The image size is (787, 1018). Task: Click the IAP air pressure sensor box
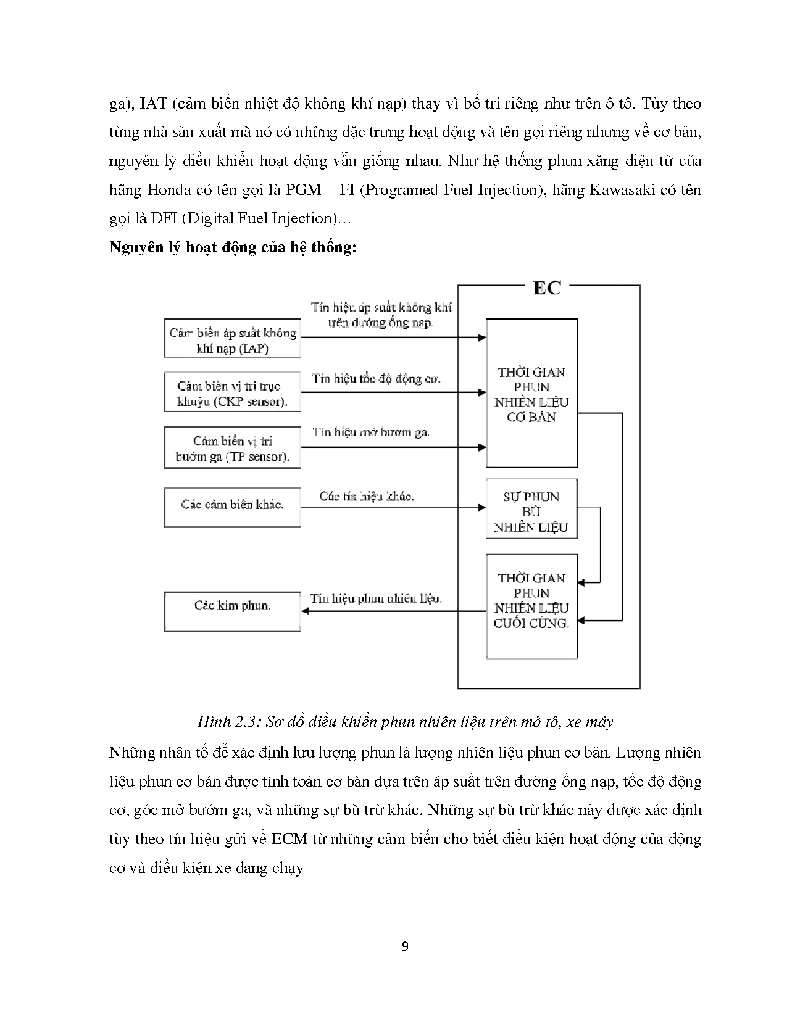pyautogui.click(x=232, y=338)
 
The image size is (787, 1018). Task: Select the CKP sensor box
pyautogui.click(x=232, y=392)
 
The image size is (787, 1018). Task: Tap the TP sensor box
pyautogui.click(x=232, y=448)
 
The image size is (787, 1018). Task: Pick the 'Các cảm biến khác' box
pyautogui.click(x=232, y=507)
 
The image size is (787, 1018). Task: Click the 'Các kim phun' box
pyautogui.click(x=232, y=611)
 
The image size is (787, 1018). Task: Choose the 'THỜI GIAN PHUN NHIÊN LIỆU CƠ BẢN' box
pyautogui.click(x=531, y=393)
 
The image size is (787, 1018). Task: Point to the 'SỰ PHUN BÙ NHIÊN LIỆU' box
pyautogui.click(x=531, y=508)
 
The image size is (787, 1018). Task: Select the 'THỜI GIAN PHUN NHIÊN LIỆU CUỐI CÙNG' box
pyautogui.click(x=531, y=606)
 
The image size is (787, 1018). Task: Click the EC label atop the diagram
pyautogui.click(x=547, y=288)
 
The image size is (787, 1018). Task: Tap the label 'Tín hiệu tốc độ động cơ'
pyautogui.click(x=376, y=378)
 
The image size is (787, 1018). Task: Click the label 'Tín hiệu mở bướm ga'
pyautogui.click(x=371, y=432)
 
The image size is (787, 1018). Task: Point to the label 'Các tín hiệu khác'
pyautogui.click(x=367, y=495)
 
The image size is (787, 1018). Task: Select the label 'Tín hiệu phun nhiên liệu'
pyautogui.click(x=376, y=598)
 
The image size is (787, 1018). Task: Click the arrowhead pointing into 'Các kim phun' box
pyautogui.click(x=306, y=611)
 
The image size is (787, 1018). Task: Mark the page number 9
pyautogui.click(x=404, y=947)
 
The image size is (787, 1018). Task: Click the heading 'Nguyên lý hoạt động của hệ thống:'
pyautogui.click(x=233, y=248)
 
